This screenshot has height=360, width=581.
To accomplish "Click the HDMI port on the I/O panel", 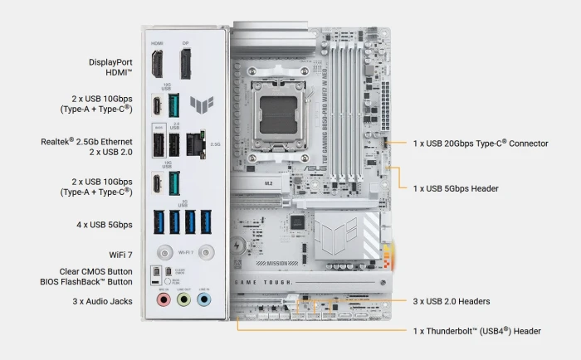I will (157, 64).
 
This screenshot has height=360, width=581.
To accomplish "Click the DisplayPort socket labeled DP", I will (186, 64).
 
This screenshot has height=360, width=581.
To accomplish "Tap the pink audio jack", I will (163, 299).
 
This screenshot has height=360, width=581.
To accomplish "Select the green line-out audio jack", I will (183, 299).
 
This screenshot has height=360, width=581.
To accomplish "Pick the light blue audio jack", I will (204, 299).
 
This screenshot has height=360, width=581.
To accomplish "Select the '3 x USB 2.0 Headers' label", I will (451, 301).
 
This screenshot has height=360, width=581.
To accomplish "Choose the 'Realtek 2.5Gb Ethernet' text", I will (86, 141).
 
